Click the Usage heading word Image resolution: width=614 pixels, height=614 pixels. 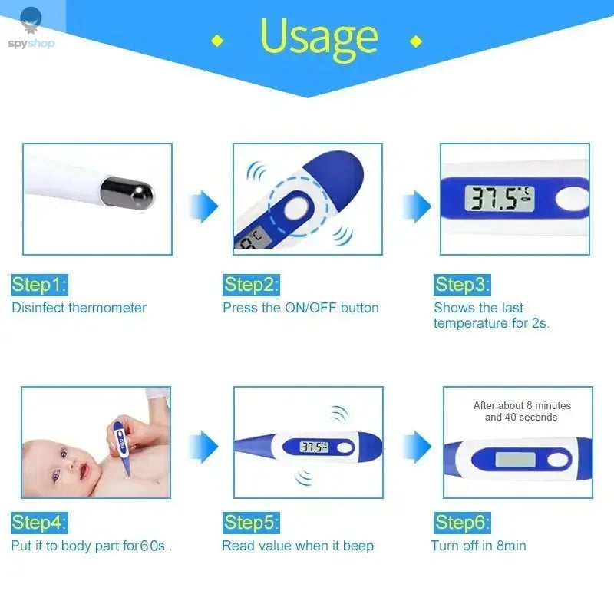pos(319,37)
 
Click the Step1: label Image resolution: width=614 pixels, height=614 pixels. pos(39,285)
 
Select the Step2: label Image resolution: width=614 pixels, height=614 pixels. pos(252,285)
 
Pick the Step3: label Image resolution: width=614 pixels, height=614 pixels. pos(462,285)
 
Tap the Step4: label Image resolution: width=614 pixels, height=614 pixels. pos(39,523)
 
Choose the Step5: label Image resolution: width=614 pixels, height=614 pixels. pos(252,523)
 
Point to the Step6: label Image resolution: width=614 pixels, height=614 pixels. pos(462,523)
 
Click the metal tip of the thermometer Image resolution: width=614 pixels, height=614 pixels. pos(128,192)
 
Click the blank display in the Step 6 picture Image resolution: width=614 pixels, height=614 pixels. pos(515,460)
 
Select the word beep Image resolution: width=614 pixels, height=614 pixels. pos(358,546)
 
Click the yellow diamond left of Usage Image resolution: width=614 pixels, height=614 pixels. pos(217,40)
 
